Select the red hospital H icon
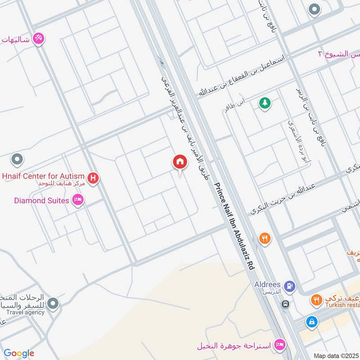(x=93, y=179)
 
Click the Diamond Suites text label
(x=41, y=200)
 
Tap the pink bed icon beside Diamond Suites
(x=78, y=200)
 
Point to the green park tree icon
(x=265, y=103)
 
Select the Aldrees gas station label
(x=270, y=284)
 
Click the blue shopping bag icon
(x=311, y=322)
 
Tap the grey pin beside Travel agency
(x=53, y=304)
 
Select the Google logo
(x=19, y=353)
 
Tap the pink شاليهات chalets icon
(x=39, y=39)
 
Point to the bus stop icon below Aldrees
(x=285, y=304)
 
